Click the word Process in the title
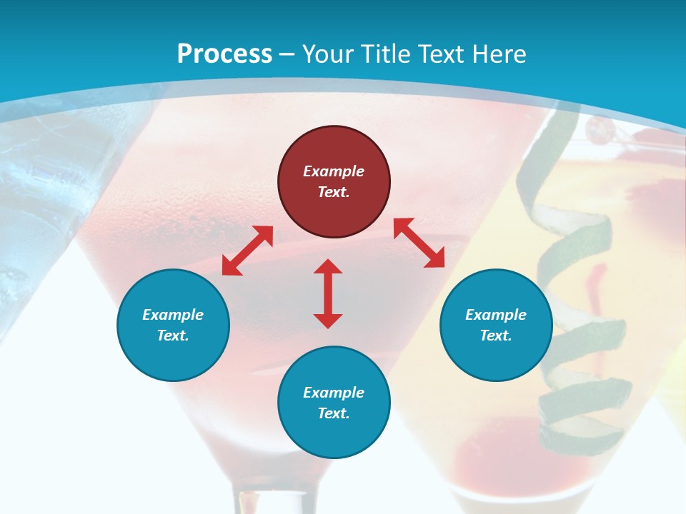click(x=224, y=54)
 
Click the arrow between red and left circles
click(x=247, y=251)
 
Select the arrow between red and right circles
click(x=419, y=243)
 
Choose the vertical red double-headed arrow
click(x=328, y=293)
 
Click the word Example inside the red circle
click(x=334, y=171)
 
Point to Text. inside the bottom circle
click(x=334, y=413)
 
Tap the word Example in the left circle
click(x=173, y=315)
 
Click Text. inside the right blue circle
click(x=496, y=336)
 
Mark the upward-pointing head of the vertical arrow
click(x=328, y=267)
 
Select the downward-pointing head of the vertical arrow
click(x=328, y=321)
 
